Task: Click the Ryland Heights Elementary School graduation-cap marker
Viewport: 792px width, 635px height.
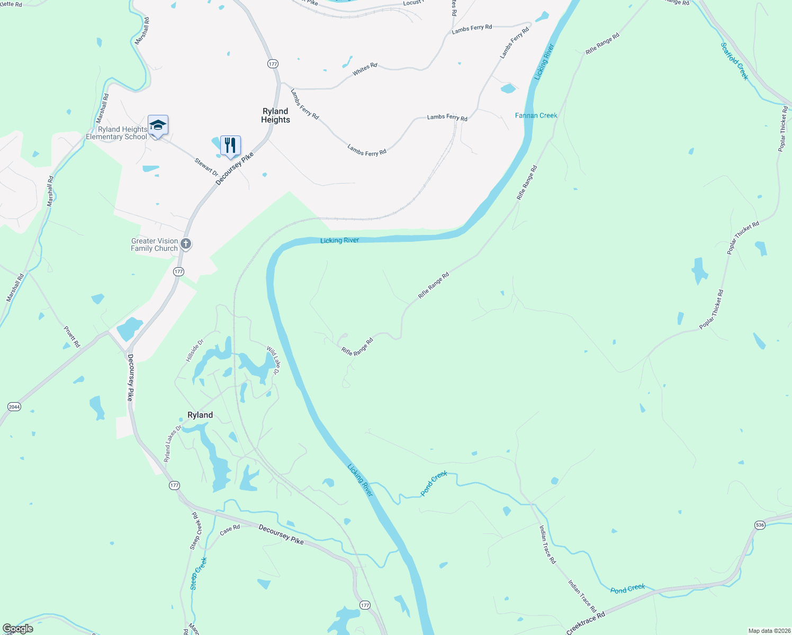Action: tap(158, 126)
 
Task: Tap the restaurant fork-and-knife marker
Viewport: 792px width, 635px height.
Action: tap(230, 146)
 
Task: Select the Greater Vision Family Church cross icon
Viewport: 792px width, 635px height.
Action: tap(186, 244)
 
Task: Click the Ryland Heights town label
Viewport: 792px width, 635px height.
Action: tap(275, 115)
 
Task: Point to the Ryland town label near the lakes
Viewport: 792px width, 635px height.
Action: tap(200, 415)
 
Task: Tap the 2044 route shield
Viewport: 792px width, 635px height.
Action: tap(14, 407)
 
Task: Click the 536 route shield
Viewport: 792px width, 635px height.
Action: tap(760, 525)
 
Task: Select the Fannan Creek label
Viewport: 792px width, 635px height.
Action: tap(536, 115)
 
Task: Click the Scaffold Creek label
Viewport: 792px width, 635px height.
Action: tap(735, 61)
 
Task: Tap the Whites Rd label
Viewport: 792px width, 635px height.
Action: tap(365, 69)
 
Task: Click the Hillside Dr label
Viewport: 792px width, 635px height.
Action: tap(194, 351)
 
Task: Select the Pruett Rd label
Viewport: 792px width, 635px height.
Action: tap(72, 337)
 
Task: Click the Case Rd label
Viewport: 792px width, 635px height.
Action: tap(230, 529)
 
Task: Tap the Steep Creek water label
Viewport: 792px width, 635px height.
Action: tap(199, 573)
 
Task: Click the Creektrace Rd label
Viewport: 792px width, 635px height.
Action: tap(586, 623)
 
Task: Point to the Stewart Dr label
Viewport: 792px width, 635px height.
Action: tap(206, 167)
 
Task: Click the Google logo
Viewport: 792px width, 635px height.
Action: tap(18, 629)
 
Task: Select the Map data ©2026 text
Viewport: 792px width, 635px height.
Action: tap(767, 631)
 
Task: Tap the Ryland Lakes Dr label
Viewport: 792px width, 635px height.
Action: tap(172, 443)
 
